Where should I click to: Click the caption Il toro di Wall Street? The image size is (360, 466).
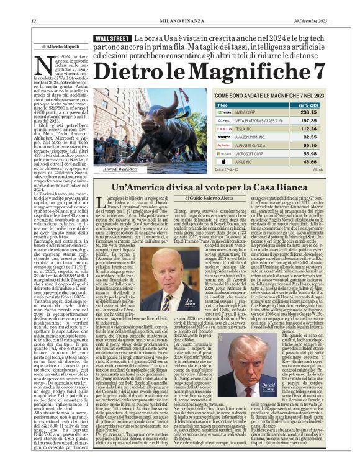(121, 169)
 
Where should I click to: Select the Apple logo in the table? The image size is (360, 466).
(224, 161)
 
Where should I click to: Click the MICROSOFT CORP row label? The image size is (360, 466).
(249, 153)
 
